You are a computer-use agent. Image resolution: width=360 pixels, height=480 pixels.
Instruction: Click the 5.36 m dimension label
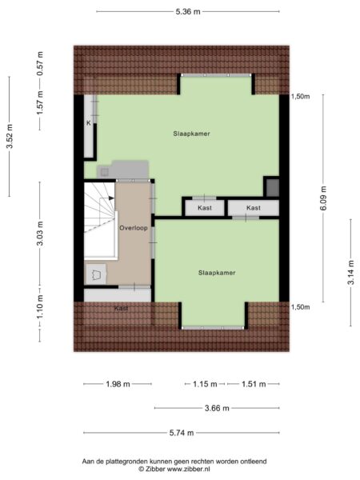(x=188, y=12)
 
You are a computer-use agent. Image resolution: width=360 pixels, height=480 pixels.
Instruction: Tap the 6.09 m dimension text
(x=323, y=198)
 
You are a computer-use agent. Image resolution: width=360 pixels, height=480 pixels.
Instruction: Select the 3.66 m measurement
(x=217, y=408)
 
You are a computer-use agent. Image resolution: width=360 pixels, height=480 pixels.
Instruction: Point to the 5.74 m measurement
(x=182, y=433)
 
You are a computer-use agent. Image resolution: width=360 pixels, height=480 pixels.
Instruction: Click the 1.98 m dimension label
(x=118, y=384)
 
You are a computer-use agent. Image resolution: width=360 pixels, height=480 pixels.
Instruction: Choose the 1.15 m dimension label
(x=205, y=384)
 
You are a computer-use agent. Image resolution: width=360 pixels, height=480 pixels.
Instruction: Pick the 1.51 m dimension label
(x=254, y=384)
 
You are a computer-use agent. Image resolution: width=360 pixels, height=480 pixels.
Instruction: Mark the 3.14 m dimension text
(x=351, y=273)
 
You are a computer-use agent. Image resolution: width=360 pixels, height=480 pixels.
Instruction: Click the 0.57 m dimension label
(x=40, y=64)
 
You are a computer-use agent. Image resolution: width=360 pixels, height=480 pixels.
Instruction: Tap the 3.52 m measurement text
(x=10, y=136)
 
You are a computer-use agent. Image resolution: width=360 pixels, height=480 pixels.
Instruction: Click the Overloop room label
(x=133, y=228)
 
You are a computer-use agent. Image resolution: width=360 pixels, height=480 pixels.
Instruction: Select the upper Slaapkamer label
(x=192, y=134)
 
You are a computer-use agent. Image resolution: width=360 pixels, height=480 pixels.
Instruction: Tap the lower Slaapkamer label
(x=217, y=273)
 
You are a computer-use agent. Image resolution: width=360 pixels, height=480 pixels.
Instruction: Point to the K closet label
(x=89, y=123)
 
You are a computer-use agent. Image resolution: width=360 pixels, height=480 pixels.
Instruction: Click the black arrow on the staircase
(x=111, y=198)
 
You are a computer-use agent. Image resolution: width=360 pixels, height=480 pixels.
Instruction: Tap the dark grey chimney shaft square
(x=273, y=188)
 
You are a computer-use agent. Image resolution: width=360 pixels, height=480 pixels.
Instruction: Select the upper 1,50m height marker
(x=300, y=97)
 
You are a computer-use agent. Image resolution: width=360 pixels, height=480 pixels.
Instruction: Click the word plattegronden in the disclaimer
(x=129, y=462)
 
